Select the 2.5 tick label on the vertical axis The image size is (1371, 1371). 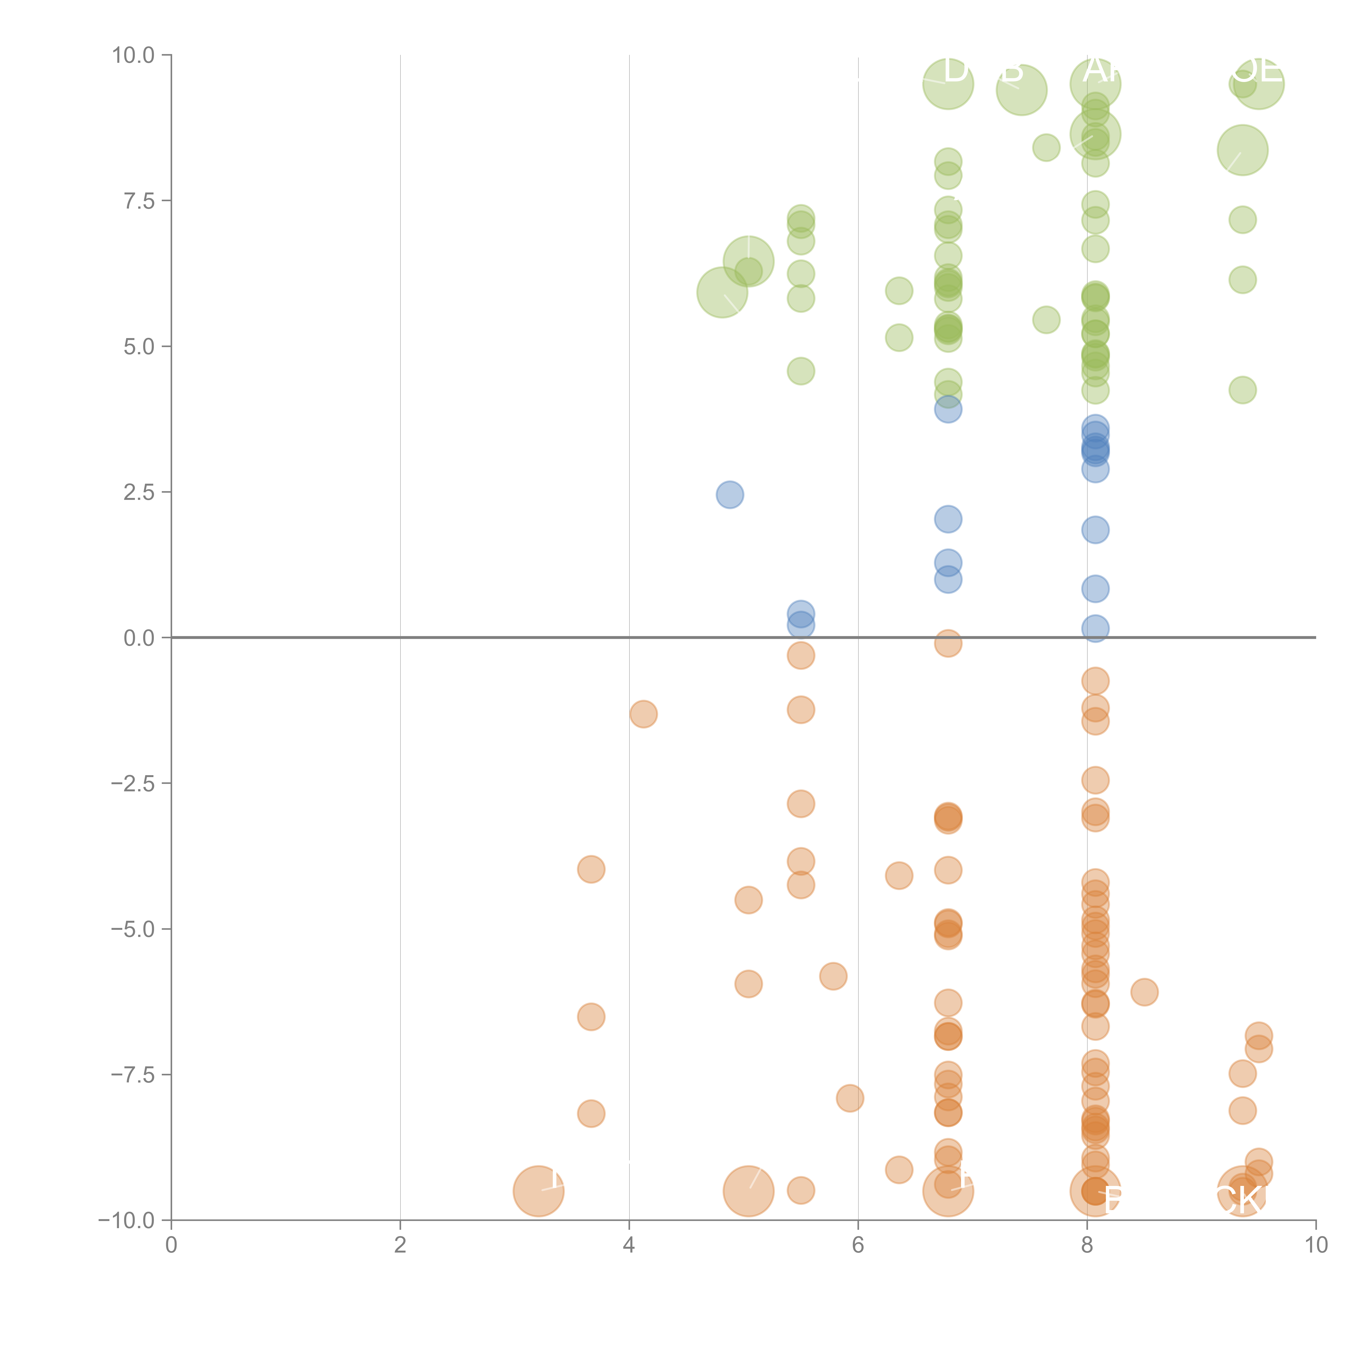138,492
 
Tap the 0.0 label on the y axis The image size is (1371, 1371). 138,638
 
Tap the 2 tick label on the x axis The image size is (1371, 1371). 400,1245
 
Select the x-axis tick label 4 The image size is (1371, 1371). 629,1245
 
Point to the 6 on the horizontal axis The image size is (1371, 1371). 858,1245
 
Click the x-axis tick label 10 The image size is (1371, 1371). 1316,1245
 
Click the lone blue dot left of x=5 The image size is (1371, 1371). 729,495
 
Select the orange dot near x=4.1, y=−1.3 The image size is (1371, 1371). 643,714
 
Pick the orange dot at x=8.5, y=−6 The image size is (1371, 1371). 1144,992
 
